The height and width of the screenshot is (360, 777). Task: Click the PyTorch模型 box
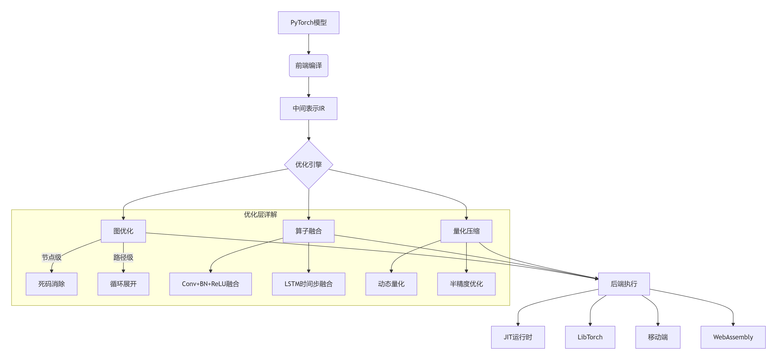point(308,23)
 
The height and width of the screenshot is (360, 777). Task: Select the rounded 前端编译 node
point(308,65)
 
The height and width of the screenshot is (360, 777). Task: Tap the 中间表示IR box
point(308,108)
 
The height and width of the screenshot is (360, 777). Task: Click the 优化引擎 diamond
point(308,165)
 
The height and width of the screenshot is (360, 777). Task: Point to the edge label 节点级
point(52,257)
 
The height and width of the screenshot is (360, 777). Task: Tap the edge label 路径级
point(123,257)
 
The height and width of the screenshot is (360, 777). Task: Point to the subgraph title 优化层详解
point(260,214)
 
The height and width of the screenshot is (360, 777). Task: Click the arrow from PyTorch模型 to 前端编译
point(308,44)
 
